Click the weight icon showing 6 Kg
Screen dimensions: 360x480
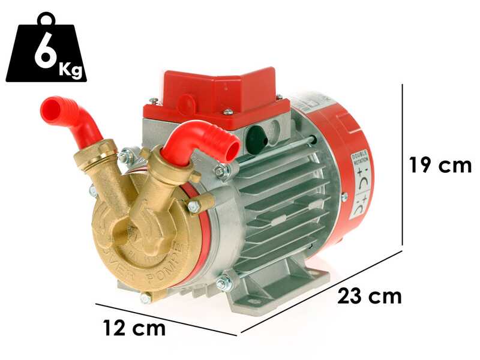46,53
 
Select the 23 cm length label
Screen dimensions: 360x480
369,296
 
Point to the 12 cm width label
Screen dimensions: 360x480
134,328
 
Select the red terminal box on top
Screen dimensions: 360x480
216,96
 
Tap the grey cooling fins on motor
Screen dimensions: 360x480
288,198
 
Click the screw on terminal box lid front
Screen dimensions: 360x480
228,112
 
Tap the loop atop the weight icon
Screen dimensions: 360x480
46,20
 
